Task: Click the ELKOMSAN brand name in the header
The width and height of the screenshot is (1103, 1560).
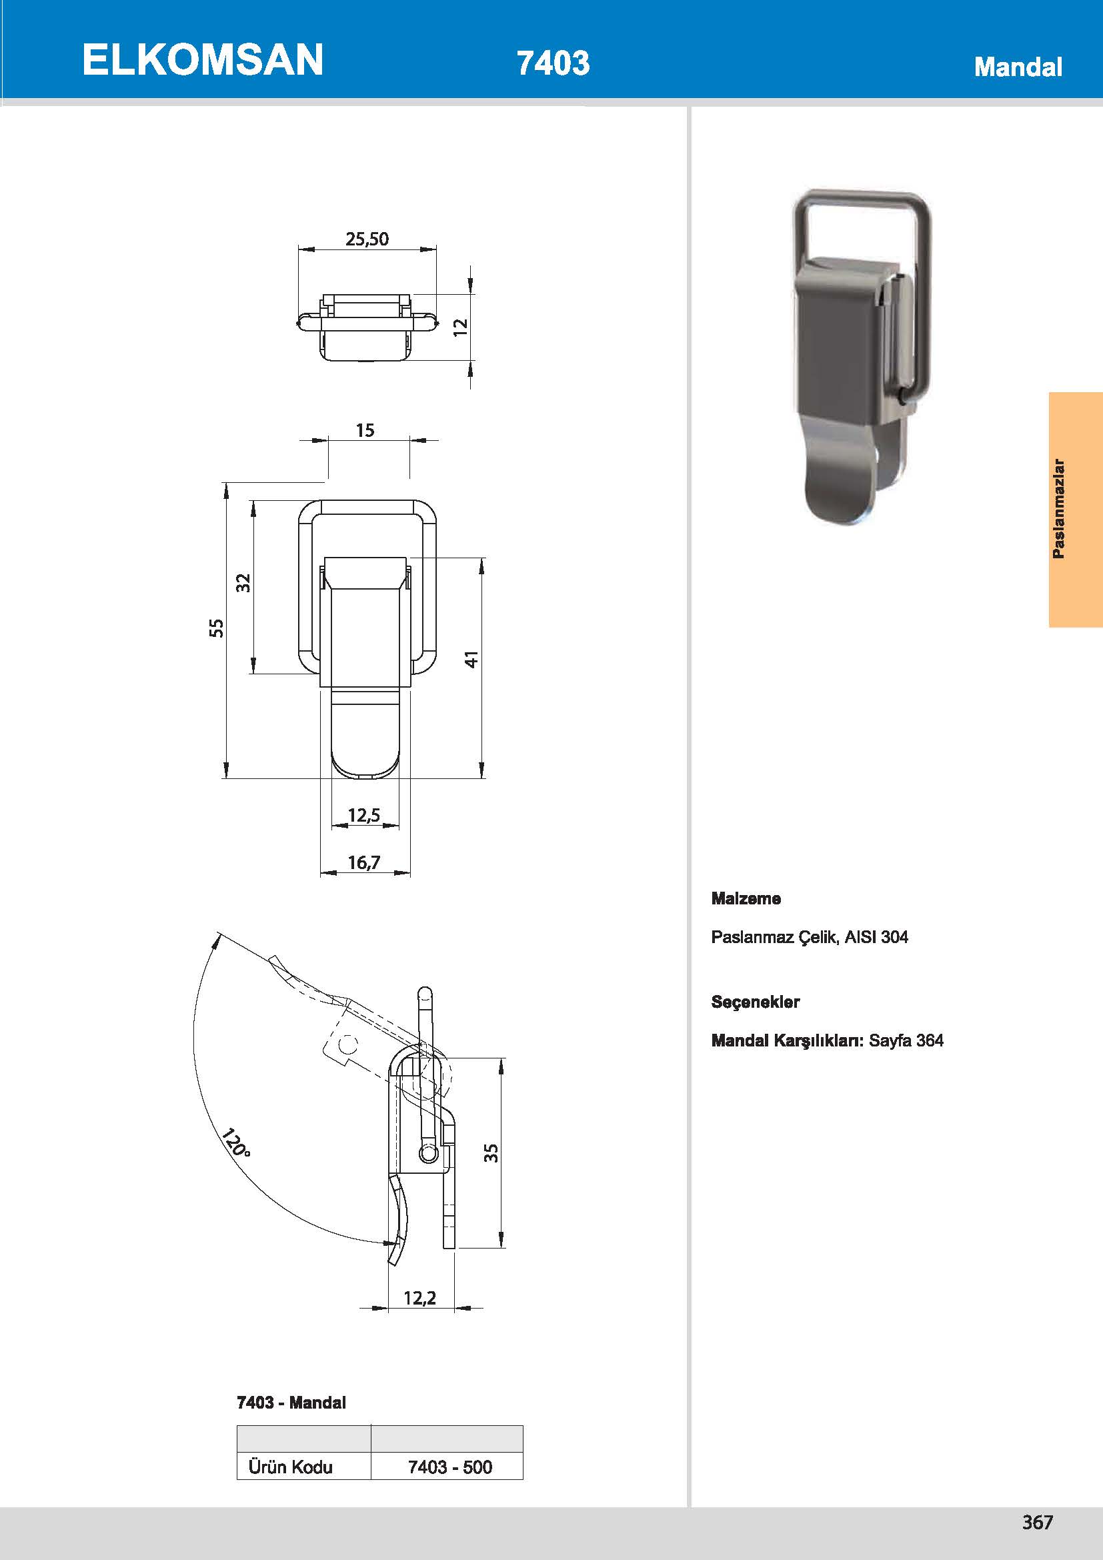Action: pos(203,60)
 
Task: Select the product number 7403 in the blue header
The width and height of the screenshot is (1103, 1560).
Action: pos(553,63)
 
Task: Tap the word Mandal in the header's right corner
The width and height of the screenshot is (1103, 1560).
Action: pos(1018,67)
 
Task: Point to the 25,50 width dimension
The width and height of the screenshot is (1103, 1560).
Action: pos(367,239)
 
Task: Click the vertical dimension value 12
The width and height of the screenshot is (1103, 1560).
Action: pos(461,326)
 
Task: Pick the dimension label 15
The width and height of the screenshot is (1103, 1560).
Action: pos(365,431)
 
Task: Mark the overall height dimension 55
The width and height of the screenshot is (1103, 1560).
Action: pos(216,627)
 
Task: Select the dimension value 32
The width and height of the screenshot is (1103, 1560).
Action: pos(244,583)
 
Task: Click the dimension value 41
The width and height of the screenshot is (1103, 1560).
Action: pos(472,658)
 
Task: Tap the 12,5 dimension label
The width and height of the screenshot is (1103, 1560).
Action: pos(364,814)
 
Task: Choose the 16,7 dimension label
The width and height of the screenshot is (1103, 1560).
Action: pos(364,863)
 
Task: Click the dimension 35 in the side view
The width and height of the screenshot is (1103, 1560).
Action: pos(491,1153)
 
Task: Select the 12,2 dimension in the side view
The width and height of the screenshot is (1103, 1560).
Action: pos(419,1299)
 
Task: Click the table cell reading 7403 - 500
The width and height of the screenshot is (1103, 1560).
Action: pos(449,1467)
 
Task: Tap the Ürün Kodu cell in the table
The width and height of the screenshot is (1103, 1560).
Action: pos(291,1467)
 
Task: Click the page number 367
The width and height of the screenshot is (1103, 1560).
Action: pos(1037,1523)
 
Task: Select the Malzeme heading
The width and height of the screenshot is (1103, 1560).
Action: pos(746,899)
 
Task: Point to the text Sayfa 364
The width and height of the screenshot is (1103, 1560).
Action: pos(906,1040)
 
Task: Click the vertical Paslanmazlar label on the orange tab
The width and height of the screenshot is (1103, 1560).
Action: pos(1058,509)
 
